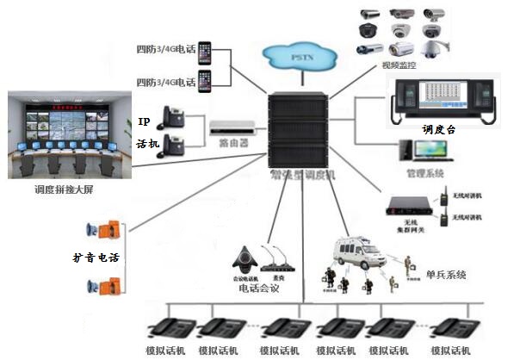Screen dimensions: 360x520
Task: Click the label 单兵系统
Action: click(x=446, y=275)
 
